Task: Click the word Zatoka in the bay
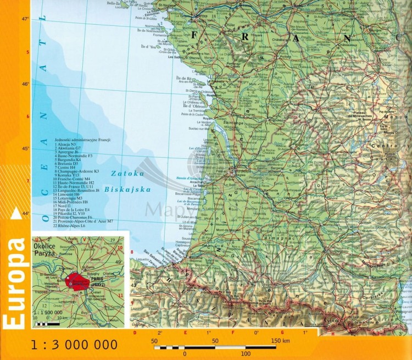127,173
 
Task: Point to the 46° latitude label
25,84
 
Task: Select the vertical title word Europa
15,284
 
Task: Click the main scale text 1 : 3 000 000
75,345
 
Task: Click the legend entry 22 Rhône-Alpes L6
77,225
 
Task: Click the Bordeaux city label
238,171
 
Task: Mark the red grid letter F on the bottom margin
233,333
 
